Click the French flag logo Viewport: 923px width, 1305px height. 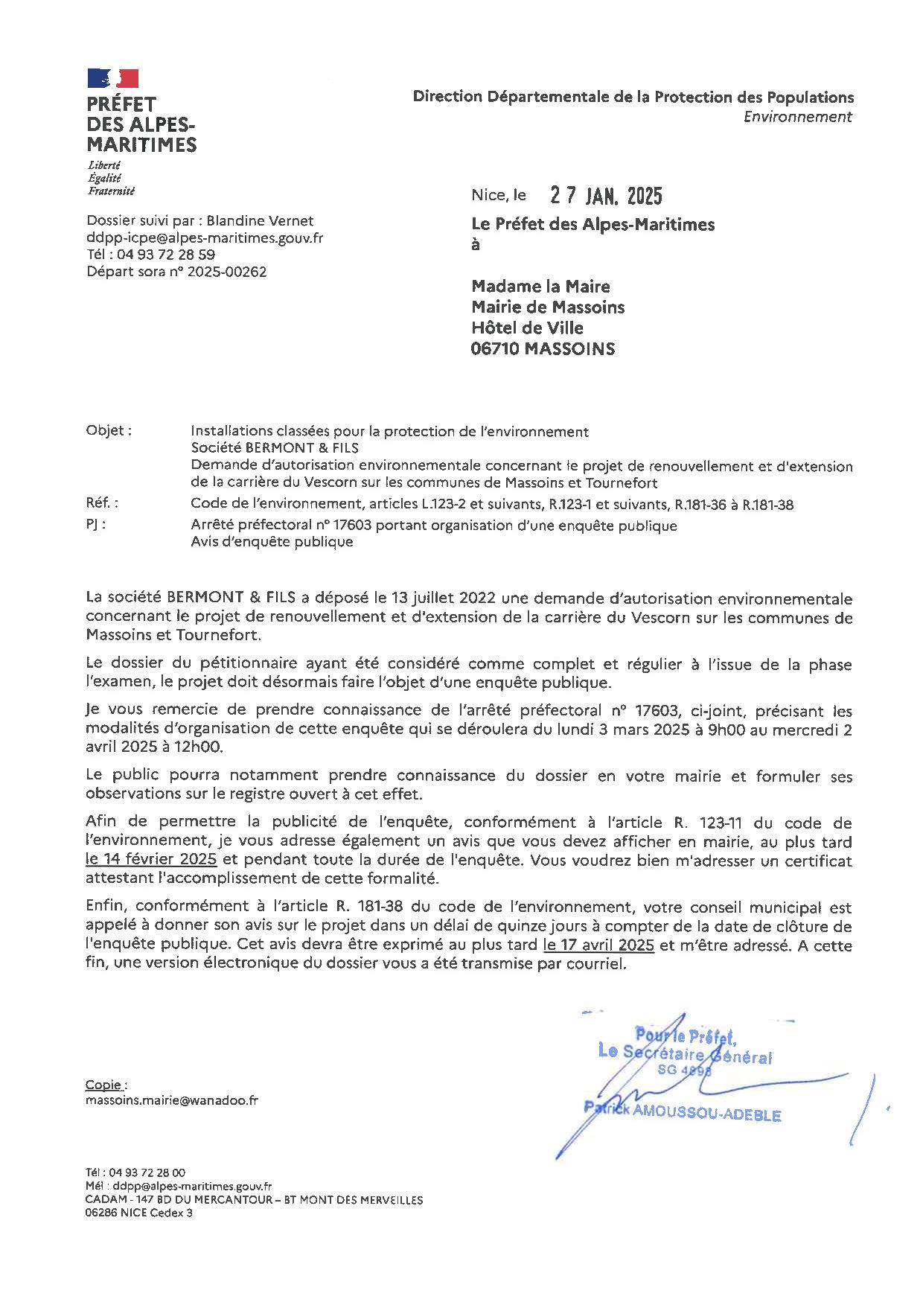113,78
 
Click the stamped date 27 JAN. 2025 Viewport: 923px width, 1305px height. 606,196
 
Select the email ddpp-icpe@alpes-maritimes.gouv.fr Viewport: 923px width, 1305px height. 205,238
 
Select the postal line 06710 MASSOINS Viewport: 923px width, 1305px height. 543,348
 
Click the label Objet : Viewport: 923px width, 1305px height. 109,430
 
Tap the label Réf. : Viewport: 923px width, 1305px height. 102,504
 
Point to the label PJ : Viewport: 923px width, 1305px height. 96,524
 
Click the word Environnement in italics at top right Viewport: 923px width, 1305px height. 797,117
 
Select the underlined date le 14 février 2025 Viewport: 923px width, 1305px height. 151,859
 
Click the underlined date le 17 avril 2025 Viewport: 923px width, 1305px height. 598,945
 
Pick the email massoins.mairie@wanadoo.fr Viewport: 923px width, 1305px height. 172,1100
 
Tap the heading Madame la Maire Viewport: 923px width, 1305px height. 540,287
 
